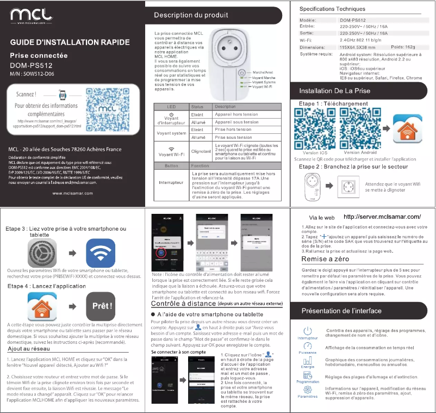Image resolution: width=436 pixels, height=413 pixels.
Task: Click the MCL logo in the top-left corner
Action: [30, 15]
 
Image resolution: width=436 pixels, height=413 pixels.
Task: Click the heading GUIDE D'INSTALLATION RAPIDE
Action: [70, 42]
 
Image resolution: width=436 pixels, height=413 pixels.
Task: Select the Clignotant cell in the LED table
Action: [201, 151]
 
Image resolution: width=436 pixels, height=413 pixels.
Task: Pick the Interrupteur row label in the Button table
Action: [171, 183]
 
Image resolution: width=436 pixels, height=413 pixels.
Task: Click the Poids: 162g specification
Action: [403, 47]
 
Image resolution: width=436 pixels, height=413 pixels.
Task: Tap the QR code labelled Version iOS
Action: [315, 128]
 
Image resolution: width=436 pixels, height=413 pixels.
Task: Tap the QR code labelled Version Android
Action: [360, 128]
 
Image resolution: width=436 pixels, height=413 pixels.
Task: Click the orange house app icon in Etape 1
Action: [407, 128]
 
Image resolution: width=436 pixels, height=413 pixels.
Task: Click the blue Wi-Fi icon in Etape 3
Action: [101, 253]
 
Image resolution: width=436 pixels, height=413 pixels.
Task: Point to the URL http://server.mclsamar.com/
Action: [382, 217]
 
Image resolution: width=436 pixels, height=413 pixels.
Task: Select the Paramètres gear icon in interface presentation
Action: [307, 390]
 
